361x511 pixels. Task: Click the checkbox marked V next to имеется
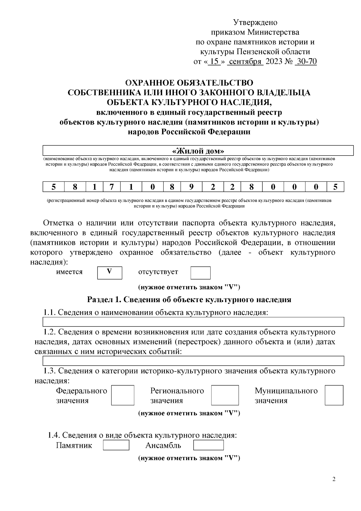tap(110, 273)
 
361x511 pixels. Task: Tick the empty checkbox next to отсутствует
tap(200, 273)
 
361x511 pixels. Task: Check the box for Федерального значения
tap(122, 395)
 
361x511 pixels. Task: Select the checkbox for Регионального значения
tap(225, 395)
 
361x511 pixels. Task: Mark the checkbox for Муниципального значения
tap(334, 395)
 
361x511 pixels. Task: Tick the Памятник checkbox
tap(116, 445)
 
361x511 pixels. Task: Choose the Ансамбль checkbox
tap(208, 445)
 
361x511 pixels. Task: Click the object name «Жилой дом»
tap(198, 150)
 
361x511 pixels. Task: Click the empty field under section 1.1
tap(193, 322)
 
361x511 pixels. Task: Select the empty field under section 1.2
tap(193, 361)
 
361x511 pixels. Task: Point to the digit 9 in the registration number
tap(191, 187)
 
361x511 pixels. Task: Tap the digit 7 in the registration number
tap(112, 187)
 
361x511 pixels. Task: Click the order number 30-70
tap(306, 61)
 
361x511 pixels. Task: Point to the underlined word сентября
tap(245, 61)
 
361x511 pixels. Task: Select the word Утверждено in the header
tap(255, 23)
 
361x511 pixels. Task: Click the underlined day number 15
tap(214, 61)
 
